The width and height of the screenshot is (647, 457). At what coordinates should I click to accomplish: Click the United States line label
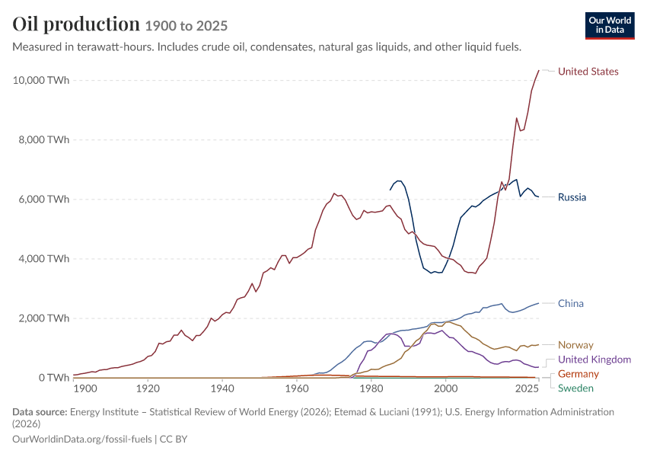click(x=588, y=72)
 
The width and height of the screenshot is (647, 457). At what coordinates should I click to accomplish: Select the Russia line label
click(x=572, y=197)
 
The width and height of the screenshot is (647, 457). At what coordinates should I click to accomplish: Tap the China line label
click(x=571, y=303)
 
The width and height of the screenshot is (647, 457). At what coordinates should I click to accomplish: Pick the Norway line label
click(x=575, y=345)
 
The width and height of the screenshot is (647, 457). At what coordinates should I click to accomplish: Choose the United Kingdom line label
click(x=594, y=360)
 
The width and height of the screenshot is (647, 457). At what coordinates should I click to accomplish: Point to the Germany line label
click(x=578, y=374)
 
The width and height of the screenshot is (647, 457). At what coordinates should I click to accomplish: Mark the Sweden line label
click(x=575, y=388)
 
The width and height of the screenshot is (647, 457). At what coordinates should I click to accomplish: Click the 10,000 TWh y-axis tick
click(x=41, y=80)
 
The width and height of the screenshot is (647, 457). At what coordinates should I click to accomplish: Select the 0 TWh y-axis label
click(x=54, y=378)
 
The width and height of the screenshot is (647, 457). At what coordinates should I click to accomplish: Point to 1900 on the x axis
click(x=85, y=388)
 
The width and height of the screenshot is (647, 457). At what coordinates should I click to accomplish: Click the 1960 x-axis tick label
click(x=297, y=388)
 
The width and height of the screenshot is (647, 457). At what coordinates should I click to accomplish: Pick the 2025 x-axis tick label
click(x=527, y=388)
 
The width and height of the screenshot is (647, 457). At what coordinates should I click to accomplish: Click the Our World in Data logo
click(x=610, y=26)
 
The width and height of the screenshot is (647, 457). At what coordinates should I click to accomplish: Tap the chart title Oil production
click(x=76, y=24)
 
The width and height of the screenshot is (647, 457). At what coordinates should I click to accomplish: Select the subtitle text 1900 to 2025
click(x=186, y=26)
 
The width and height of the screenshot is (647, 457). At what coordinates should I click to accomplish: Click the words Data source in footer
click(x=40, y=412)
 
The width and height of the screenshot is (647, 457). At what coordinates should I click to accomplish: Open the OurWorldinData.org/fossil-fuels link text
click(x=82, y=439)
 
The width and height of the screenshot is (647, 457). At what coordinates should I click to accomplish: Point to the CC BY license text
click(x=174, y=439)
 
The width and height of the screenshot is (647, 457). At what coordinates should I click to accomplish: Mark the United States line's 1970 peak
click(x=334, y=193)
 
